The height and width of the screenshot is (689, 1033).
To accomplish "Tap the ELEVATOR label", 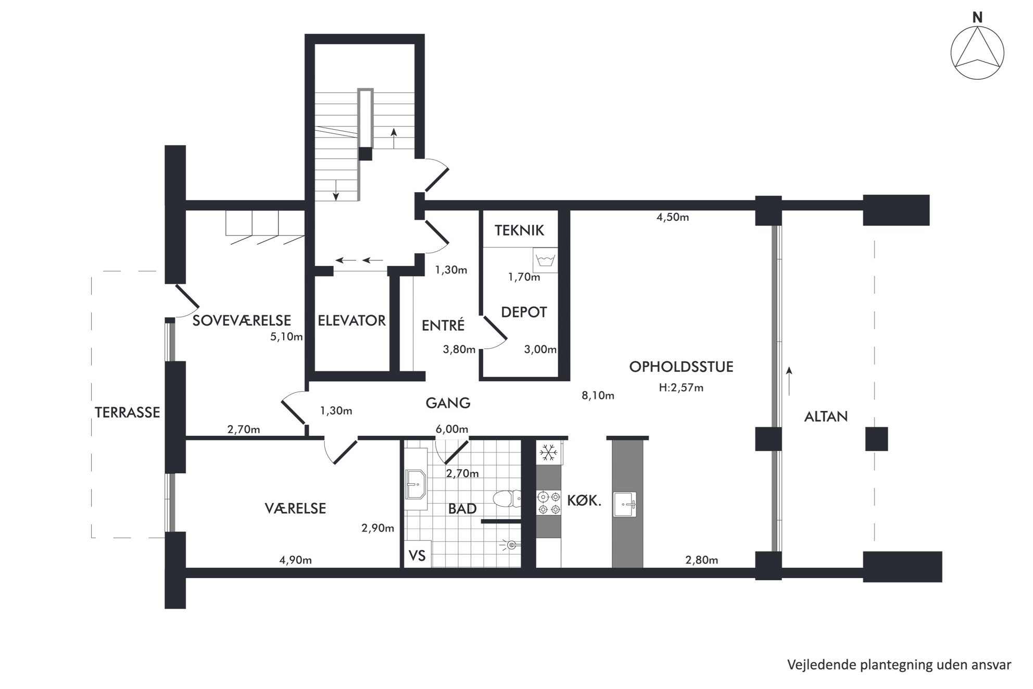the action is (352, 320).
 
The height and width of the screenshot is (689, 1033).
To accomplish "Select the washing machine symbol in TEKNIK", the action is (545, 260).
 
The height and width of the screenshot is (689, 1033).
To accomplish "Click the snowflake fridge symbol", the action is (548, 453).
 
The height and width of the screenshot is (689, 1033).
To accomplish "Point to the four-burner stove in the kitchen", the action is (549, 503).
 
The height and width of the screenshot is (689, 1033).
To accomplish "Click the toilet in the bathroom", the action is (506, 498).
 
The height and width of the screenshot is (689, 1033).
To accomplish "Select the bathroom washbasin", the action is (415, 484).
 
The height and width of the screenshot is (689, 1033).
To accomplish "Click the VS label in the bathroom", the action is (417, 556).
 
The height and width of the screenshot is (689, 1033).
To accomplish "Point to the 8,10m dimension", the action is (598, 396).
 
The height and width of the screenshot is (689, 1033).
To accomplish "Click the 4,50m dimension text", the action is (673, 217).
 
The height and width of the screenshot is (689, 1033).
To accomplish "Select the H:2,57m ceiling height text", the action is (681, 387).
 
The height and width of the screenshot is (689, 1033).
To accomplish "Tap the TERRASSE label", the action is (128, 412).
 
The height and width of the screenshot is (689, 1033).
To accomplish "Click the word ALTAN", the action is (826, 417).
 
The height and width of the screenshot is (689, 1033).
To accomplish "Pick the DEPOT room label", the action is (524, 312).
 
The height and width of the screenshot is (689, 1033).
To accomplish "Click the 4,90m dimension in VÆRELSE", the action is (296, 560).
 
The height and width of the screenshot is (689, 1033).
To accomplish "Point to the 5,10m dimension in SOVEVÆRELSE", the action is (286, 337).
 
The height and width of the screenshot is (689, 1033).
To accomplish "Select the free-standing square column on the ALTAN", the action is (877, 439).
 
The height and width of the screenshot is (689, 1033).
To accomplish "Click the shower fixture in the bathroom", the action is (510, 545).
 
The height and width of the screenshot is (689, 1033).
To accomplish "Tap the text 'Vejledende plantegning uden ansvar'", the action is (899, 665).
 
